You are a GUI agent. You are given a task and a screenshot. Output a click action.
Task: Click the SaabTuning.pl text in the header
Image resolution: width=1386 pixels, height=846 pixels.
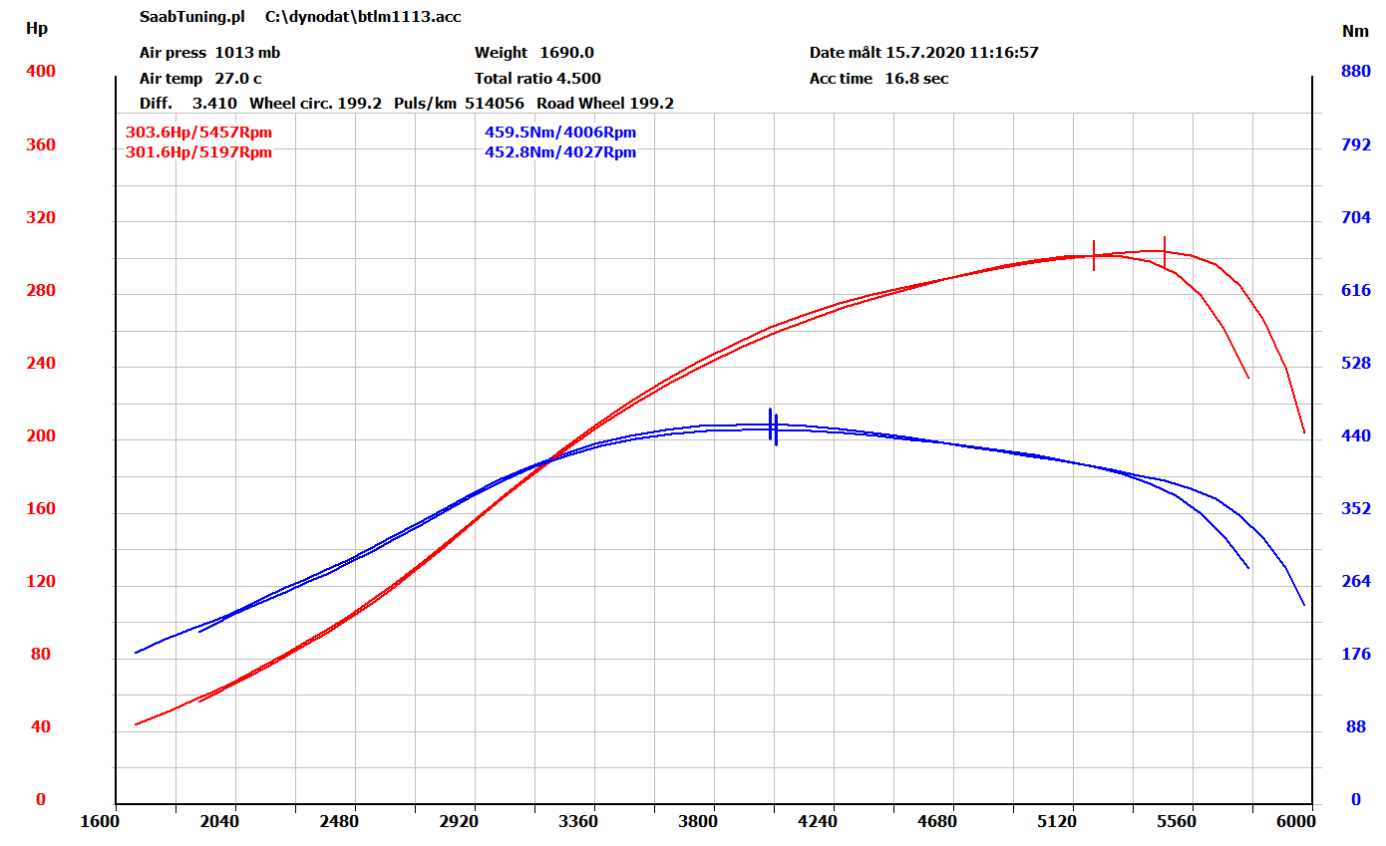(x=191, y=17)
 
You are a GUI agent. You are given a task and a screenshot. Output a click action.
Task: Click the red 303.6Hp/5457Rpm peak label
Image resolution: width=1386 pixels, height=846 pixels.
(x=198, y=132)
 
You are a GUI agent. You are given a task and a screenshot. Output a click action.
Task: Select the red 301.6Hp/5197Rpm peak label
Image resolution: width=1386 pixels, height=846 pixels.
(x=198, y=152)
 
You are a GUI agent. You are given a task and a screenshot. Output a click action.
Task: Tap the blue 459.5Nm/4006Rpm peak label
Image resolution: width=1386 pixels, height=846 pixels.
(x=560, y=132)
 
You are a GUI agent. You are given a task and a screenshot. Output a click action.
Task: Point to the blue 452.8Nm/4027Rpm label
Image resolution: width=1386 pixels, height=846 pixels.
(x=560, y=152)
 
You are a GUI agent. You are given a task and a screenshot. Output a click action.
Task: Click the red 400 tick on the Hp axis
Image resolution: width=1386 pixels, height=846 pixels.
(x=42, y=72)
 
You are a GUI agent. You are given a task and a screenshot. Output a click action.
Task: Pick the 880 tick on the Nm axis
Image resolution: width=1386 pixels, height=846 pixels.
(x=1355, y=72)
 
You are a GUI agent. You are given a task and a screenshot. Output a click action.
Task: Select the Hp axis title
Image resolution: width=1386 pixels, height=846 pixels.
(x=36, y=29)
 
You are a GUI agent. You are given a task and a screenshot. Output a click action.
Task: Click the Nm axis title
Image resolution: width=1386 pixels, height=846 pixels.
(x=1355, y=31)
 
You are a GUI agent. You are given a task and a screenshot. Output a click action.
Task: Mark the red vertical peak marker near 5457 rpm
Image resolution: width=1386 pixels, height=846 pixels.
(x=1164, y=251)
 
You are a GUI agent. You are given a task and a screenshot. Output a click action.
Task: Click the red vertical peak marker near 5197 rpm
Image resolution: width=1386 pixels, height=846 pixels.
(x=1094, y=255)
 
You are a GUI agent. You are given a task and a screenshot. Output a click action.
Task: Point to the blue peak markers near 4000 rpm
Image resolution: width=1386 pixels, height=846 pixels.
(x=773, y=425)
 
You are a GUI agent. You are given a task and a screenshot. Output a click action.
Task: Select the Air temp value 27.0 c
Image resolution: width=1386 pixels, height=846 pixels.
(x=238, y=79)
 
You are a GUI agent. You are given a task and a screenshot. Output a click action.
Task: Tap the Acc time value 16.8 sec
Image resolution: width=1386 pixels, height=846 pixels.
(x=916, y=79)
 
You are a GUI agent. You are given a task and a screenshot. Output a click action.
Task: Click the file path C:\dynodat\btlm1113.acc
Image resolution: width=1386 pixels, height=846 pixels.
(x=363, y=17)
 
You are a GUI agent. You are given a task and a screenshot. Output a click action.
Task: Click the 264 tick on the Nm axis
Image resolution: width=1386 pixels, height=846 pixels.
(x=1355, y=582)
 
